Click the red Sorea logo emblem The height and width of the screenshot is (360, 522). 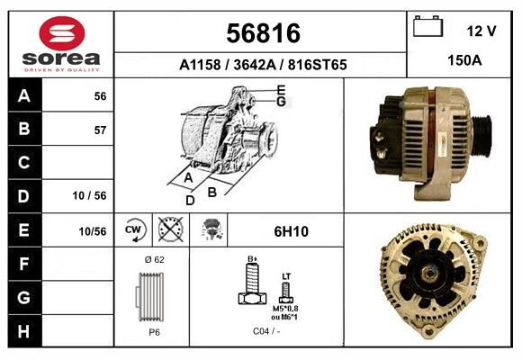click(62, 33)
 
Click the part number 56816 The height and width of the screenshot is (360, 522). click(264, 33)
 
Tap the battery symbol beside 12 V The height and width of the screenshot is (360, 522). click(427, 26)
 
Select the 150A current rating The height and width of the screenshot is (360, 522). click(464, 60)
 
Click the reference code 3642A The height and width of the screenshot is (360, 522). click(255, 65)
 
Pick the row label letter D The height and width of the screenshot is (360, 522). click(23, 196)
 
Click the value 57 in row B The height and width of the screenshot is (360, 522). click(100, 130)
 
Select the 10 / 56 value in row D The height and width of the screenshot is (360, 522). click(90, 195)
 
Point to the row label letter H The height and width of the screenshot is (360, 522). click(23, 331)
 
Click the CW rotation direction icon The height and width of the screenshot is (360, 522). click(134, 229)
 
